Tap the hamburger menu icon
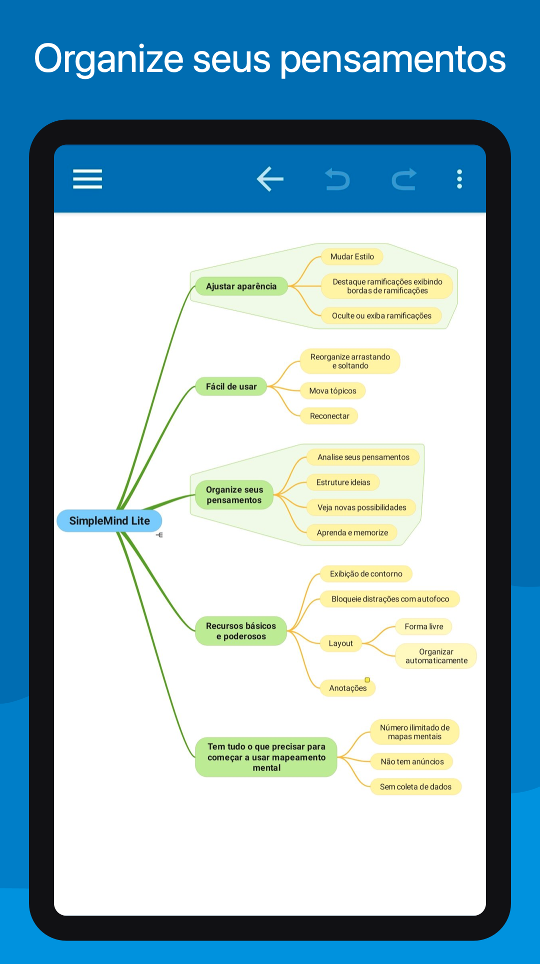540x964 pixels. [x=87, y=179]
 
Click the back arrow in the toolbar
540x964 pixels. [x=270, y=179]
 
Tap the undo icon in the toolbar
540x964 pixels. [x=337, y=179]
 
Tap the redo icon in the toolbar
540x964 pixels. [x=404, y=179]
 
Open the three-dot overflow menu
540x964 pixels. [x=459, y=179]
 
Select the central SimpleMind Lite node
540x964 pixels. [x=109, y=521]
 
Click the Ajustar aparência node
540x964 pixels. [x=241, y=286]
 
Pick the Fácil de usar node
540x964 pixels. [x=231, y=387]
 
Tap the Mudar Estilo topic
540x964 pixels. [x=352, y=257]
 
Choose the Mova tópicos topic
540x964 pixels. [x=332, y=391]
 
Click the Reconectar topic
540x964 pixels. [x=329, y=416]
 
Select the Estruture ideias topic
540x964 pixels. [x=343, y=482]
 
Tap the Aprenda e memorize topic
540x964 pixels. [x=352, y=533]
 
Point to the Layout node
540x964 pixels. [x=340, y=644]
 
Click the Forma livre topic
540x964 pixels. [x=424, y=627]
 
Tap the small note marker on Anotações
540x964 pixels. [x=367, y=680]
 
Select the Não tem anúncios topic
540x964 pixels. [x=412, y=762]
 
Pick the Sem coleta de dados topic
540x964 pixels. [x=415, y=787]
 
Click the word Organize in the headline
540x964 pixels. [x=109, y=59]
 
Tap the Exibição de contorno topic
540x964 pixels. [x=366, y=574]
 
